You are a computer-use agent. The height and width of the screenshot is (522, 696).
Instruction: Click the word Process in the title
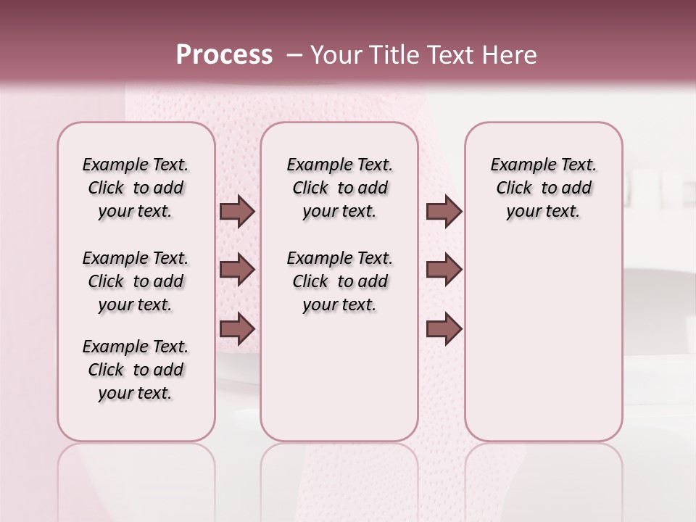[224, 54]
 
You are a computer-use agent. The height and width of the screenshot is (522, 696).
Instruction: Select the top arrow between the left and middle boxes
[237, 212]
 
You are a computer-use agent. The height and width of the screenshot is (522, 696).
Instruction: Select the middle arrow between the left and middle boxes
[237, 270]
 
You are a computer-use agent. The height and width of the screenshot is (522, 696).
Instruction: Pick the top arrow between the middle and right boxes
[444, 212]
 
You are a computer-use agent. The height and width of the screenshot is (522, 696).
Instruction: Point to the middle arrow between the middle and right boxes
[444, 270]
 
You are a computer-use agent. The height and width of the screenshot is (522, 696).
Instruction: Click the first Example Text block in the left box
[136, 188]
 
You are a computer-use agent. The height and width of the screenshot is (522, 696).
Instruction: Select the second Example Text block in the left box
[136, 281]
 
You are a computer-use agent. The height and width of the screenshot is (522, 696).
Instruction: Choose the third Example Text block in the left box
[136, 370]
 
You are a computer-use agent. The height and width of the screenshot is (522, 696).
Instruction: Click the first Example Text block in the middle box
[339, 188]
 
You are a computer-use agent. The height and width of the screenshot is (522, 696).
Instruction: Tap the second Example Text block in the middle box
[339, 281]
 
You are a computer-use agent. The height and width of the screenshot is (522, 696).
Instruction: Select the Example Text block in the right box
[543, 188]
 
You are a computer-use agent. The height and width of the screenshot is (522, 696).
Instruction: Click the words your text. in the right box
[543, 212]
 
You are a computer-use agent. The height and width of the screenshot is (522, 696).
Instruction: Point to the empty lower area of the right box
[543, 348]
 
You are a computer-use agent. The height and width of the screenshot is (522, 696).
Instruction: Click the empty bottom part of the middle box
[339, 384]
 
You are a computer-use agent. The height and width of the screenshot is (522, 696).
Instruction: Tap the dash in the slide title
[294, 55]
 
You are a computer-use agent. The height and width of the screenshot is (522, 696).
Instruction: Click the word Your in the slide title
[336, 54]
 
